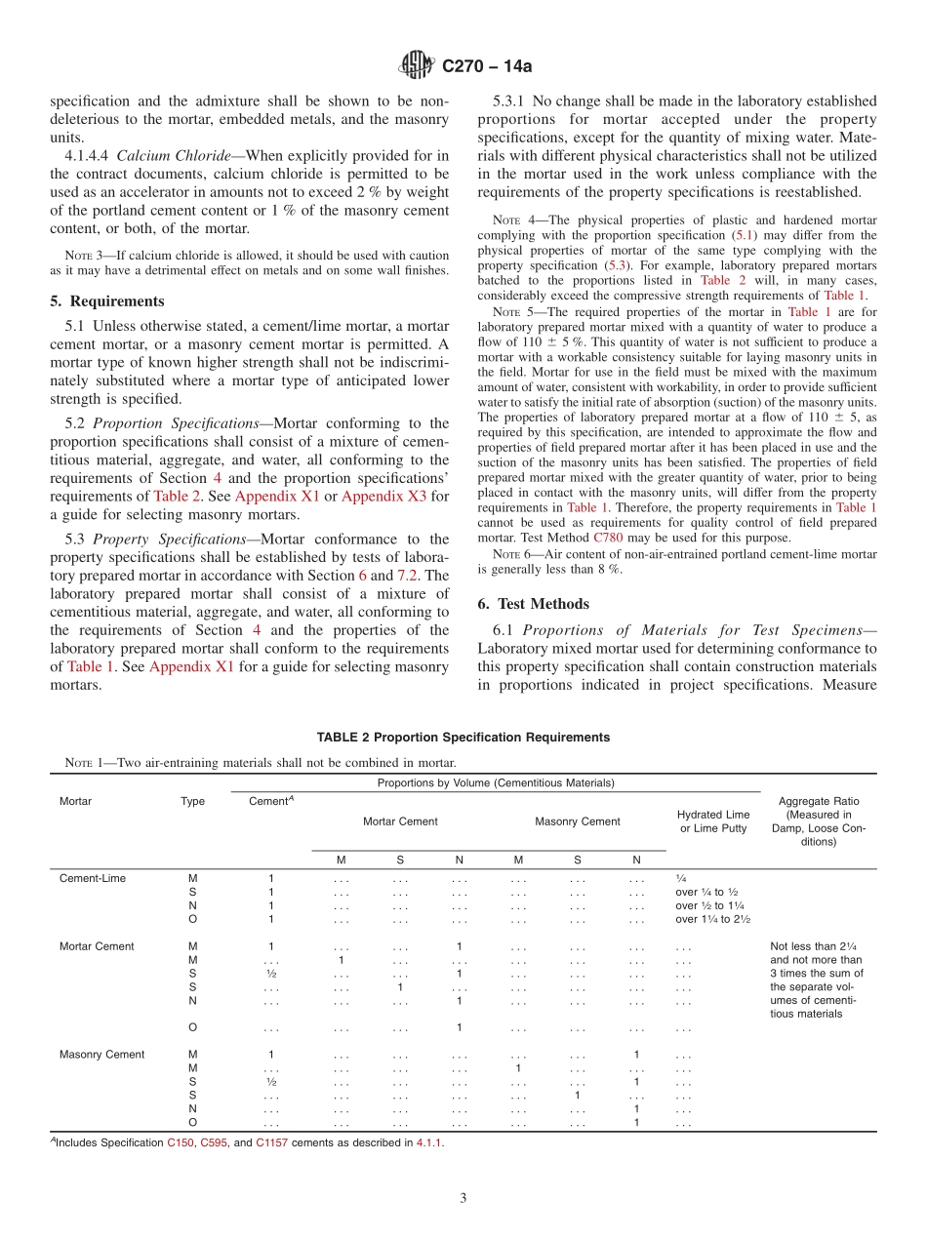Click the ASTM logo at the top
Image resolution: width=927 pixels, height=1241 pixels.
coord(417,66)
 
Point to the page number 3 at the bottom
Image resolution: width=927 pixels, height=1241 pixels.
coord(463,1198)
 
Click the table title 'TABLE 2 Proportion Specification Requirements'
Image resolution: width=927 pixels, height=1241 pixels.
coord(463,738)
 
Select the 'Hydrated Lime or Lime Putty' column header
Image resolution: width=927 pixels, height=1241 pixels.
coord(714,821)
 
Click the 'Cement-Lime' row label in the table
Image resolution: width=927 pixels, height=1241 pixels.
coord(93,878)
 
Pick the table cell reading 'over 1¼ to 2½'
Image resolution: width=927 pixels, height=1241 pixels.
coord(712,919)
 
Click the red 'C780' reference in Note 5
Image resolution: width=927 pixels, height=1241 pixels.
coord(608,537)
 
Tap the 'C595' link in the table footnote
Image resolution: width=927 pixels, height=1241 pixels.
coord(213,1142)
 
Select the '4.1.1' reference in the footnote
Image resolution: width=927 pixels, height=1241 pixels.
coord(429,1142)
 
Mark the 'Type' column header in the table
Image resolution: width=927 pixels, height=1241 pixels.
coord(192,801)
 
